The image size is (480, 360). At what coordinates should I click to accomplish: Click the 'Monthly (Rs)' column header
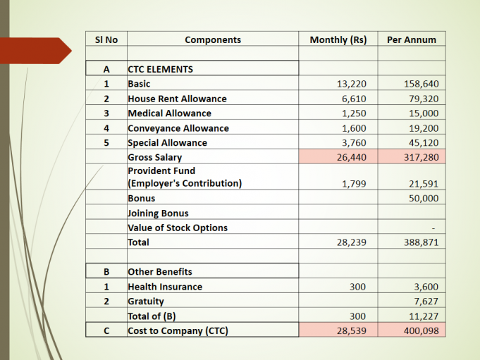(x=338, y=40)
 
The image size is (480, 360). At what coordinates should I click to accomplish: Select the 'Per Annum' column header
(x=412, y=40)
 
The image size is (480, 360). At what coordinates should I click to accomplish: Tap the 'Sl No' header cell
(x=106, y=40)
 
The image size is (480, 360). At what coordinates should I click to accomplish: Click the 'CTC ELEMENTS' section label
(x=160, y=70)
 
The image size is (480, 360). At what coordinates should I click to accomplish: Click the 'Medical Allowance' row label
(x=169, y=113)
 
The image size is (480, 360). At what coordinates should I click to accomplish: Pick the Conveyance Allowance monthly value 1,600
(x=354, y=128)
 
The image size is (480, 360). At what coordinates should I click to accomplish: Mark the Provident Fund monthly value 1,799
(x=354, y=184)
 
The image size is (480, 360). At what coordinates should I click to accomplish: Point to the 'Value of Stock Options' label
(x=177, y=228)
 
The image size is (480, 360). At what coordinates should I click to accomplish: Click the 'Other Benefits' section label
(x=159, y=271)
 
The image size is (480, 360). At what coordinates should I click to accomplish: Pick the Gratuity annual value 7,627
(x=426, y=302)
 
